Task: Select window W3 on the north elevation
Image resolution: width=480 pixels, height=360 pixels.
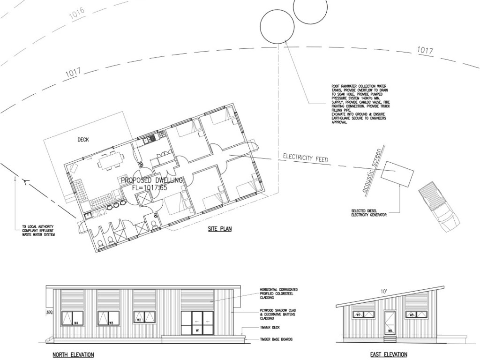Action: [x=108, y=318]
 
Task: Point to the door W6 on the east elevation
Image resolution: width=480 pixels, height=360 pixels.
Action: [x=390, y=322]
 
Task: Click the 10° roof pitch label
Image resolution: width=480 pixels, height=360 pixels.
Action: [x=384, y=292]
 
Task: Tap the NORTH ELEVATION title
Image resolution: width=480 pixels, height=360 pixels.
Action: [x=73, y=355]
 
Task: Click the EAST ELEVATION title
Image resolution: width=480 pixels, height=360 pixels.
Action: [x=389, y=355]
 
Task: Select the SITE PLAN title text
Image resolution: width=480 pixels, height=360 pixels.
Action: [x=220, y=229]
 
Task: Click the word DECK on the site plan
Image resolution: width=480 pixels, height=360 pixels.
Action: [x=83, y=140]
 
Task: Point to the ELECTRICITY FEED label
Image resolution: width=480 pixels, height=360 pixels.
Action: [x=305, y=158]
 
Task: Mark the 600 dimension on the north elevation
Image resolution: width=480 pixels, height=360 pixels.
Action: [x=48, y=312]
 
